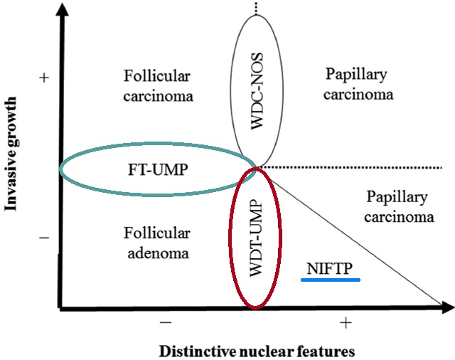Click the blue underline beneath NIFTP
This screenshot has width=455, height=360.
pyautogui.click(x=331, y=279)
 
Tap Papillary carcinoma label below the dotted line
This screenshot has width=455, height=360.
pyautogui.click(x=398, y=206)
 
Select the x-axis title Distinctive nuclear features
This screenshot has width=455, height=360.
pyautogui.click(x=257, y=351)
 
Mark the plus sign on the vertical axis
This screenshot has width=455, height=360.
pyautogui.click(x=44, y=78)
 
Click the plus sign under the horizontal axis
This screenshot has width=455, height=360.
pyautogui.click(x=346, y=324)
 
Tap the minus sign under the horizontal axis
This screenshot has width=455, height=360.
pyautogui.click(x=166, y=324)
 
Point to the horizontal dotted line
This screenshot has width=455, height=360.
pyautogui.click(x=355, y=167)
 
